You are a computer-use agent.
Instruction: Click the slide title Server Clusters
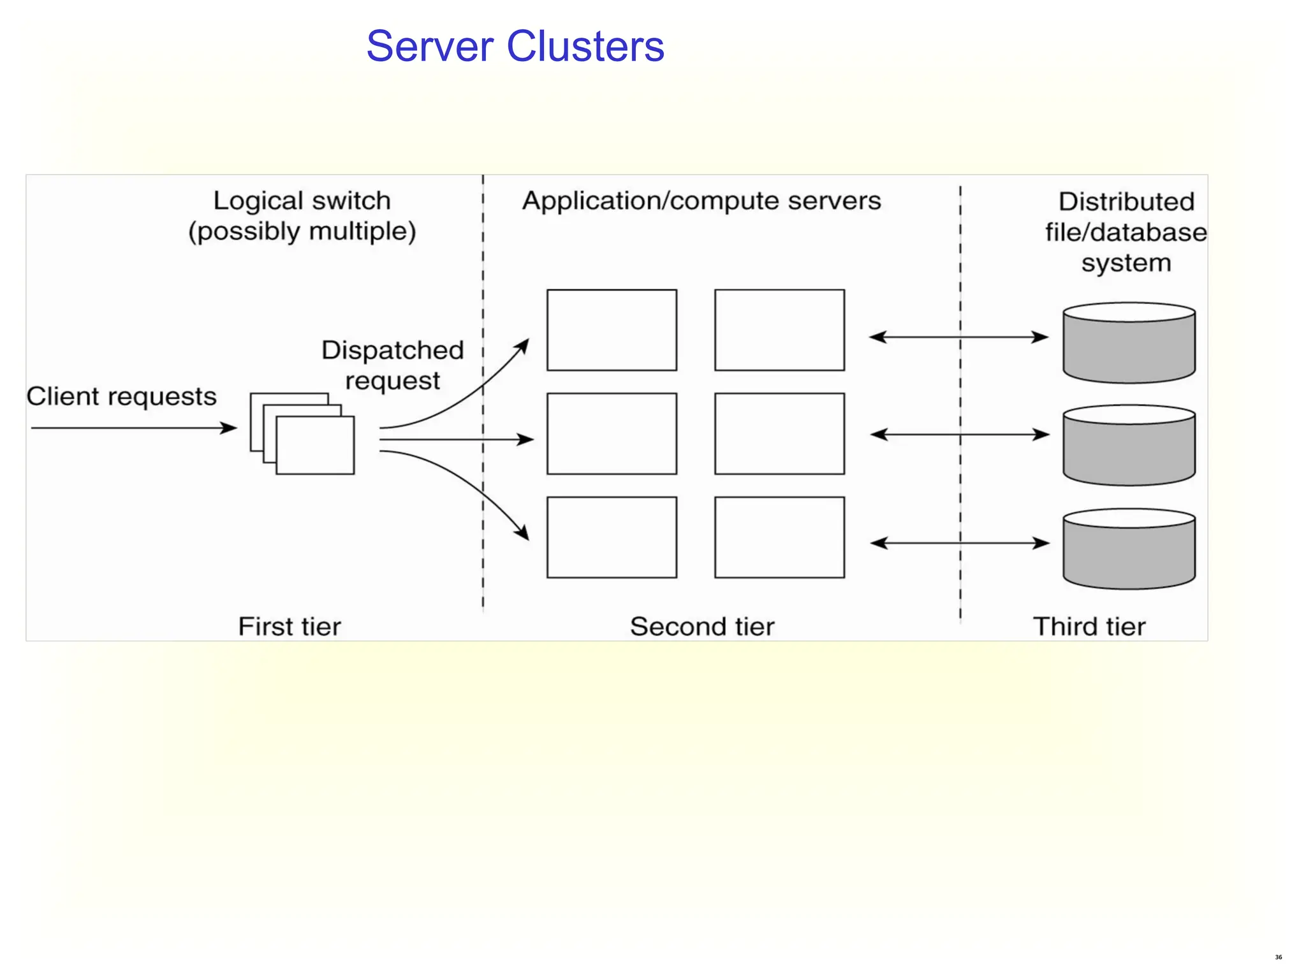515,47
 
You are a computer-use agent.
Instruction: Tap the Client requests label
122,396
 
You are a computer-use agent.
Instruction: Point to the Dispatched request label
392,365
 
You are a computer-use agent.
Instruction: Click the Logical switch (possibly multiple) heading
302,215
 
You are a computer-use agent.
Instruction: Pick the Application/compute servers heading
701,201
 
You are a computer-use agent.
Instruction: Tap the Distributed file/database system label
1126,232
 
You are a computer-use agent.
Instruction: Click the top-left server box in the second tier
612,330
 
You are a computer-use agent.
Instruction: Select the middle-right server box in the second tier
779,433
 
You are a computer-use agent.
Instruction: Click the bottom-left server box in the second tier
612,537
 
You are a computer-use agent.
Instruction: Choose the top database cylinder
1129,343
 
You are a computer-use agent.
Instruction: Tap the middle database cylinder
1129,446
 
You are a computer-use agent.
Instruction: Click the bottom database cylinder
1129,549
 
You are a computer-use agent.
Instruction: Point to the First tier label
290,627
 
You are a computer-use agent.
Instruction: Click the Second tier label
702,627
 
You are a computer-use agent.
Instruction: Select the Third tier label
1089,627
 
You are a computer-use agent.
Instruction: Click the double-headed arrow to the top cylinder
959,337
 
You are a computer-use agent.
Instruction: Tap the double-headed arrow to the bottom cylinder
959,543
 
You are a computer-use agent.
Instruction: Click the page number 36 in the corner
1278,957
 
